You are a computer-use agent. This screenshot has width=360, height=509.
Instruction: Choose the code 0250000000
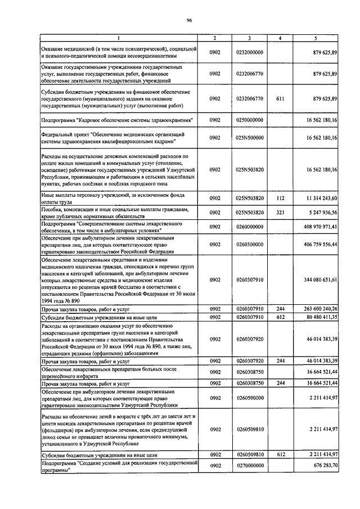(x=250, y=120)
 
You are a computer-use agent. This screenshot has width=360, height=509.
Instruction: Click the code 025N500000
(x=250, y=137)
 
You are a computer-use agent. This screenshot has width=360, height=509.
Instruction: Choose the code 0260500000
(x=250, y=398)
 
